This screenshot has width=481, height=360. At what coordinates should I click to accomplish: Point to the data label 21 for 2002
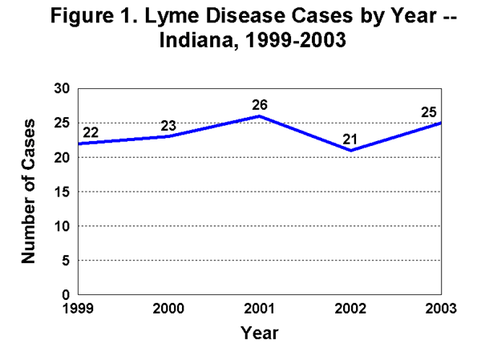[350, 139]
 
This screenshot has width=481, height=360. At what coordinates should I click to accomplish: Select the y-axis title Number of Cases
[29, 192]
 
